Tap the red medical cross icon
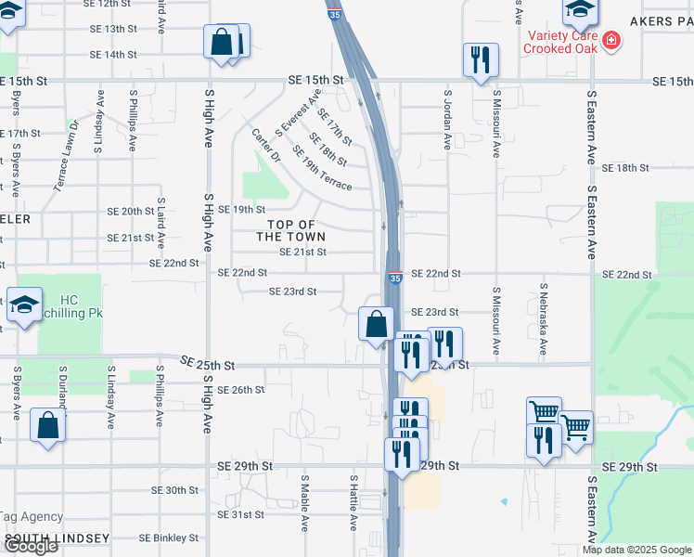(x=610, y=40)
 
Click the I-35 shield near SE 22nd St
(x=395, y=277)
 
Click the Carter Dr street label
(x=265, y=146)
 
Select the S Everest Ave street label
(x=298, y=112)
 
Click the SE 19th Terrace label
(x=322, y=168)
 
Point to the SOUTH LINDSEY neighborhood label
(x=57, y=538)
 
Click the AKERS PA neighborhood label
(x=661, y=19)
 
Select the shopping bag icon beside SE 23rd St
(x=376, y=325)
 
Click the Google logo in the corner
(x=31, y=547)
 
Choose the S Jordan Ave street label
(x=447, y=120)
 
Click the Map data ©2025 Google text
(x=636, y=550)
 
